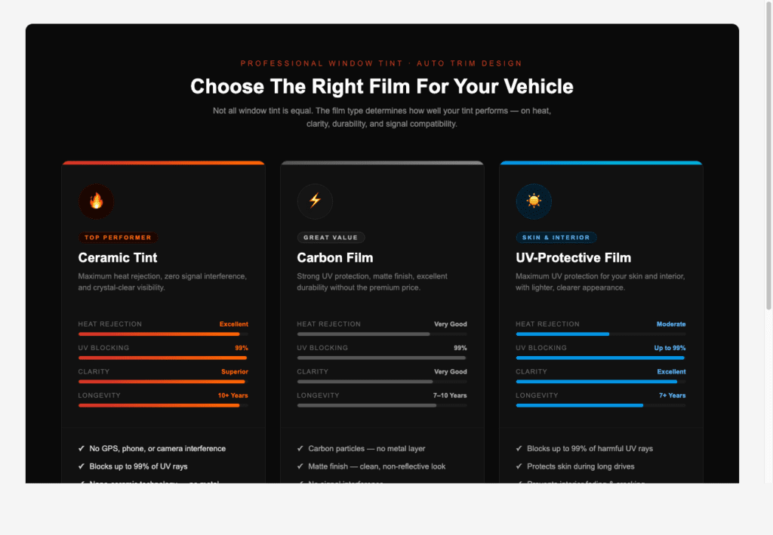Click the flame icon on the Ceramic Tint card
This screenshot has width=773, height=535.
(96, 201)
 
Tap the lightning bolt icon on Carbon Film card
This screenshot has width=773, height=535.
(315, 201)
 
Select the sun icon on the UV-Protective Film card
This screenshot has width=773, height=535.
(534, 201)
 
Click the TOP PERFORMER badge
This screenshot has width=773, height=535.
(119, 238)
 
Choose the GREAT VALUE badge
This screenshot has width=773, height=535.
(331, 238)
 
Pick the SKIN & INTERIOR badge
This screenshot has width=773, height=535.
(556, 238)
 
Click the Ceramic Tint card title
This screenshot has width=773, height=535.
(118, 258)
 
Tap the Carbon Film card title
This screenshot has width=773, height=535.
(334, 258)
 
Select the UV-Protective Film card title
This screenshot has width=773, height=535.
(573, 258)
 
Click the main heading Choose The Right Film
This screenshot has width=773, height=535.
(381, 87)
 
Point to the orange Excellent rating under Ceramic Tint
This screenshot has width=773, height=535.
(233, 324)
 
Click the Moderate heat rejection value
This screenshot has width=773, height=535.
(671, 324)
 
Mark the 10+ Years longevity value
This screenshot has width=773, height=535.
(233, 395)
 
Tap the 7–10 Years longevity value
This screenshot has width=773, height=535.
(450, 395)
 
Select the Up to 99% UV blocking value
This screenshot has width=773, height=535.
(670, 349)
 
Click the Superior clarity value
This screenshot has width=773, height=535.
(234, 372)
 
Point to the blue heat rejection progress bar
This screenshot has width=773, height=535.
(562, 334)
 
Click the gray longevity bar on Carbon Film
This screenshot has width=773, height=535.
(367, 405)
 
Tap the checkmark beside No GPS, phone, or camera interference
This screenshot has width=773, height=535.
(82, 449)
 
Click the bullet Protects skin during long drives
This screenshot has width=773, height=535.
(581, 466)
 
